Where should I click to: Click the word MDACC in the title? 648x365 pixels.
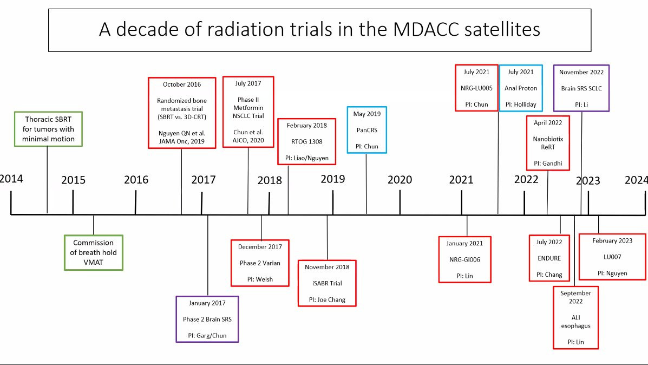(426, 29)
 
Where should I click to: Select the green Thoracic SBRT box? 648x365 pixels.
(48, 129)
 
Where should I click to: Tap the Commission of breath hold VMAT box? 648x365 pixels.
(94, 252)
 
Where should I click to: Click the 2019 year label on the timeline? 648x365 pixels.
(333, 179)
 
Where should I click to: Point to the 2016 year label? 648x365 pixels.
(136, 180)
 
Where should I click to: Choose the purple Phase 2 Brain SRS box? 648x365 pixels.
(207, 319)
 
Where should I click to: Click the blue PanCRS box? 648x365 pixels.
(367, 130)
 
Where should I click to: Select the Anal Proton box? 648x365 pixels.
(521, 88)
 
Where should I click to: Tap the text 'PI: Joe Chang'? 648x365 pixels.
(327, 299)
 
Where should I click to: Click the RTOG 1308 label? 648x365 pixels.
(306, 142)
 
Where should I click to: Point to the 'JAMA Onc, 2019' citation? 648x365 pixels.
(182, 141)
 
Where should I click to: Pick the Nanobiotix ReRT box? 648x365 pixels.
(548, 143)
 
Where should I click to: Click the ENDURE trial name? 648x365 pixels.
(549, 258)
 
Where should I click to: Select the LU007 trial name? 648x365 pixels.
(612, 257)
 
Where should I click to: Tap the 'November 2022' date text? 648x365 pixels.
(581, 73)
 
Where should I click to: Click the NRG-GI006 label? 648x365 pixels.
(464, 259)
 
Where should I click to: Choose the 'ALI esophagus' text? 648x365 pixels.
(575, 322)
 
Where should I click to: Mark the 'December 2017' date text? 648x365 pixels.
(260, 247)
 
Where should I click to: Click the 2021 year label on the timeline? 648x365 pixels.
(461, 180)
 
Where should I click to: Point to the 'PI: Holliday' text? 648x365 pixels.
(521, 105)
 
